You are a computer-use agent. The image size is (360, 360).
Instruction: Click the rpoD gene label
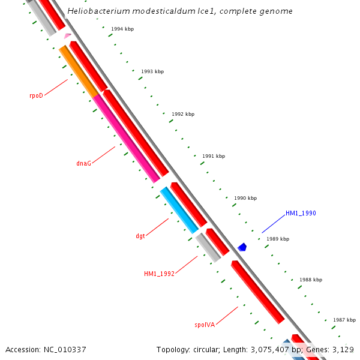(37, 95)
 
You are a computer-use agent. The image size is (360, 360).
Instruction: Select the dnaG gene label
(84, 163)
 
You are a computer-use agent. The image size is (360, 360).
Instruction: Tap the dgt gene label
(140, 236)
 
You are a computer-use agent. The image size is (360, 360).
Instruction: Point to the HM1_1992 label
(159, 274)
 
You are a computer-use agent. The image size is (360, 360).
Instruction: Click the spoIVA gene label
(205, 325)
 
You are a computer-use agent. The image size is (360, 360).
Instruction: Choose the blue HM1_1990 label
(301, 213)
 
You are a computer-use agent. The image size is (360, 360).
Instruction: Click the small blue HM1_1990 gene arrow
(242, 247)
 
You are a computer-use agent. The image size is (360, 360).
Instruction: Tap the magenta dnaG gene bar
(126, 137)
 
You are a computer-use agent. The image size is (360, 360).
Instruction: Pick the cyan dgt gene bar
(179, 210)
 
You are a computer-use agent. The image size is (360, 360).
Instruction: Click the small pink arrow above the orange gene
(67, 37)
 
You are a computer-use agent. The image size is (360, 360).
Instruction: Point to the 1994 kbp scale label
(122, 29)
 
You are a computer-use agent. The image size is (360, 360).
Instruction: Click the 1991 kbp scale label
(214, 156)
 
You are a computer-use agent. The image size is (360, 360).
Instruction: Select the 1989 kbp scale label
(278, 239)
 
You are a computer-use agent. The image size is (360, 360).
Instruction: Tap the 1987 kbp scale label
(344, 320)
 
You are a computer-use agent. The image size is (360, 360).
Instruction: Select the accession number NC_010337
(63, 349)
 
